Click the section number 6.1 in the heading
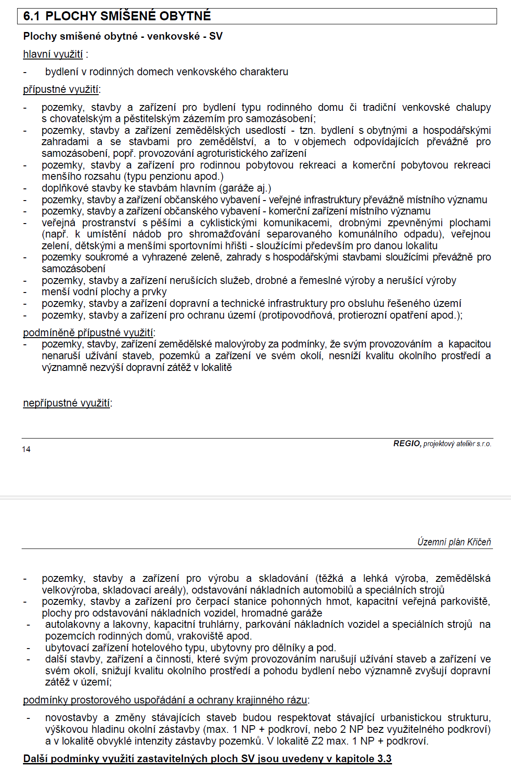click(32, 16)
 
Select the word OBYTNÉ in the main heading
click(187, 16)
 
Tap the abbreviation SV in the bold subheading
click(216, 36)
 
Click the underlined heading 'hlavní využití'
click(53, 54)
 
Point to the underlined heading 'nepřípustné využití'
click(67, 403)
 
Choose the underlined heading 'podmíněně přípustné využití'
click(88, 333)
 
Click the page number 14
click(26, 449)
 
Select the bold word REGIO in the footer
click(407, 443)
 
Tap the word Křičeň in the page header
click(479, 542)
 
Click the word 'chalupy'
click(473, 107)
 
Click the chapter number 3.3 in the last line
click(384, 759)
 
